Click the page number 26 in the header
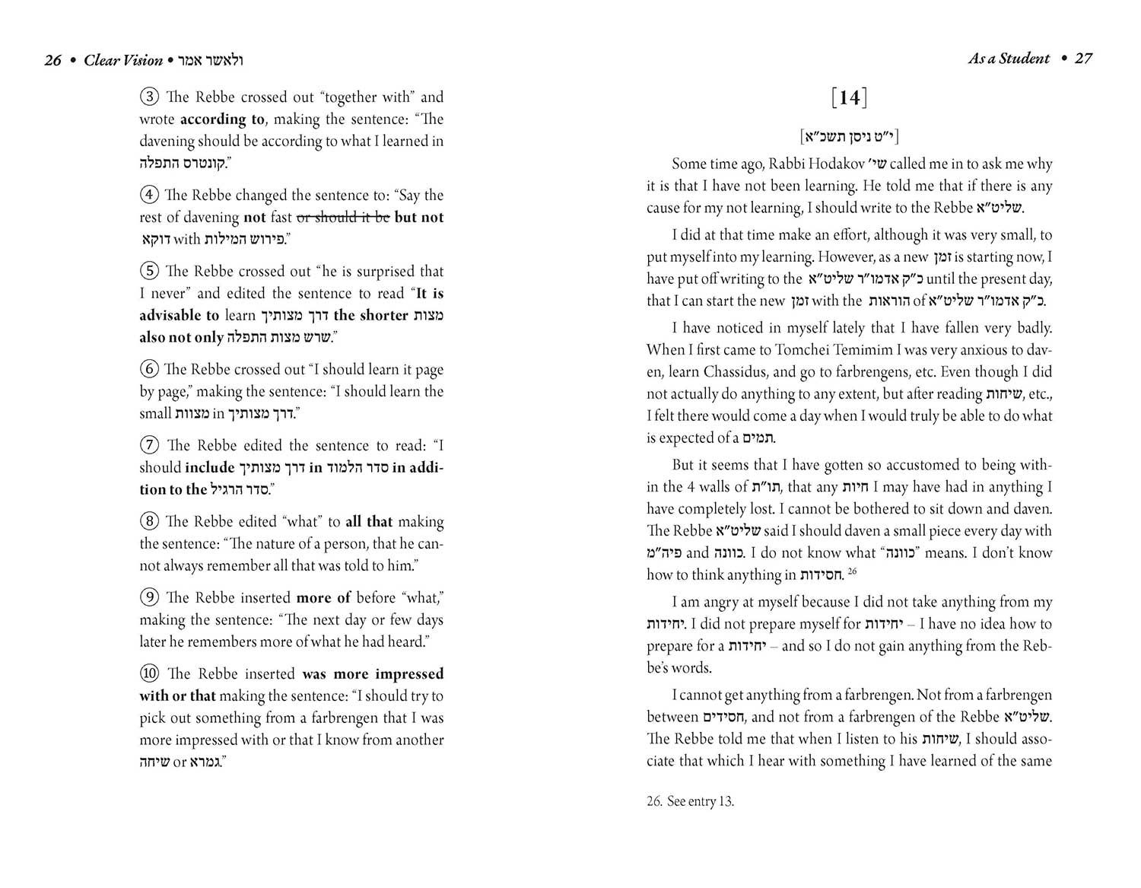[x=52, y=60]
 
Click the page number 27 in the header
[x=1083, y=59]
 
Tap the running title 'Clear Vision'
[x=123, y=60]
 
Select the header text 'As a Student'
[x=1008, y=59]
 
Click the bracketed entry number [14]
[x=850, y=98]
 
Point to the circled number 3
[x=149, y=97]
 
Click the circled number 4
[x=149, y=196]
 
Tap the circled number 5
[x=149, y=272]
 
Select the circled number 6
[x=149, y=370]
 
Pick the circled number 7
[x=149, y=446]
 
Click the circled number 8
[x=149, y=522]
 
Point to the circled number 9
[x=149, y=598]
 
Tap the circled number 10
[x=149, y=674]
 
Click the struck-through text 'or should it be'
[x=342, y=218]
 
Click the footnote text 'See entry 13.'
[x=701, y=801]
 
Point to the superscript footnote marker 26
[x=852, y=571]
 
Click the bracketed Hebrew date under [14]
[x=850, y=137]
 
